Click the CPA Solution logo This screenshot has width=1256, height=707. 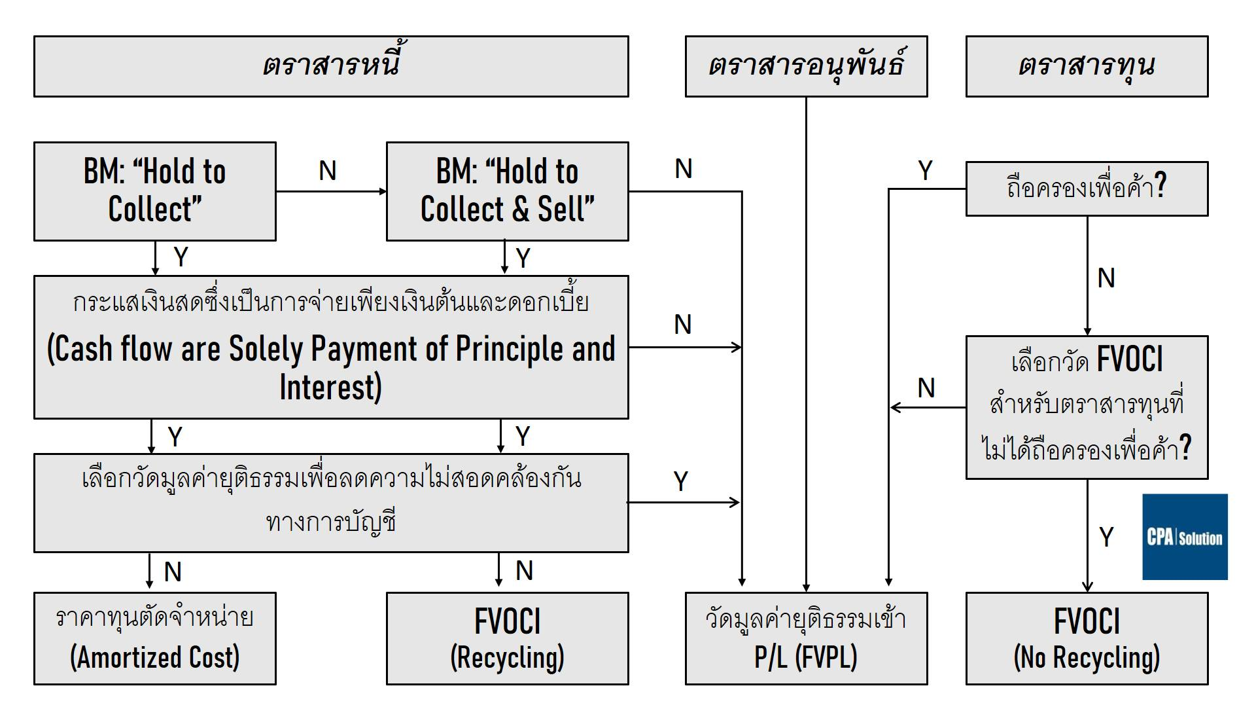(x=1185, y=537)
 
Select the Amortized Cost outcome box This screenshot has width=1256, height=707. (x=155, y=638)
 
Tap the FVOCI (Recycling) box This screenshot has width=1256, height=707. (x=507, y=638)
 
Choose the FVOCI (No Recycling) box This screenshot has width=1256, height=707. (x=1087, y=638)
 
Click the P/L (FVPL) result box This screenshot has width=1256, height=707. (x=806, y=638)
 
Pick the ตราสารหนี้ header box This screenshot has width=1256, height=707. (x=331, y=66)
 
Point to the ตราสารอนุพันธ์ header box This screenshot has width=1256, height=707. (x=806, y=66)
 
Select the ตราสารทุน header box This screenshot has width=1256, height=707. (x=1087, y=66)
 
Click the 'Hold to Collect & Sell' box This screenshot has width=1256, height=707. (x=507, y=191)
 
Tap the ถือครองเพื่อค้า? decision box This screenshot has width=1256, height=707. (x=1087, y=189)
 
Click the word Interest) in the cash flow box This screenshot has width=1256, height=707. (x=331, y=387)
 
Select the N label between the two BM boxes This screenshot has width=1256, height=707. (x=328, y=172)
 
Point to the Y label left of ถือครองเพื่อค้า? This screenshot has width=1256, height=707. (x=925, y=171)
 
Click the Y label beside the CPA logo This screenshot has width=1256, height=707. (x=1106, y=537)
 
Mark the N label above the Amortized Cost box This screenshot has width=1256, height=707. (x=173, y=572)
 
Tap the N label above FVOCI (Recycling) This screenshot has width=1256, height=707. (x=524, y=571)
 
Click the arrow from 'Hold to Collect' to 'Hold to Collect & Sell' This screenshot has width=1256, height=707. (x=331, y=192)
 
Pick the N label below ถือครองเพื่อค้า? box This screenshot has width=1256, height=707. (x=1106, y=278)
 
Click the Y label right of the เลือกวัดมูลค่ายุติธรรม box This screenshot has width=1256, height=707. (x=681, y=482)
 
